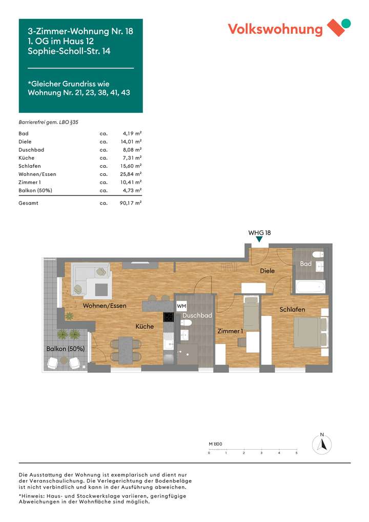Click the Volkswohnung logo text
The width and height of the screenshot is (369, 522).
pos(275,29)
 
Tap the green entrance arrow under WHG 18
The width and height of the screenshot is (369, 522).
pos(259,239)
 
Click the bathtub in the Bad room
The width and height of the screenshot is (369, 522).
pos(310,286)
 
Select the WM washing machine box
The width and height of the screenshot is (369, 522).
pos(181,306)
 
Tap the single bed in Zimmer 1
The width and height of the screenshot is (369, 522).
pos(251,313)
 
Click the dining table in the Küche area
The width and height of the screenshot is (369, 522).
pos(125,349)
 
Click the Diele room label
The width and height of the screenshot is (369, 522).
pos(267,271)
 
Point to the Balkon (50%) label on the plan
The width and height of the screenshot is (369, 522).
pos(65,349)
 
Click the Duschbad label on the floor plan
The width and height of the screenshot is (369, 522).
pos(197,316)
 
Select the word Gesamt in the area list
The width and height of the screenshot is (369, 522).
pos(28,203)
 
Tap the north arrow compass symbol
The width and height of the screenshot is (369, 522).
pos(322,444)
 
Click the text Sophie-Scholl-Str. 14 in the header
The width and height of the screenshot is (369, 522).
pos(69,51)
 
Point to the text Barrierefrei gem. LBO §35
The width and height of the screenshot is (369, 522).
pos(48,123)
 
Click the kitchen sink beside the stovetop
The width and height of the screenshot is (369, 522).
pos(169,338)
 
